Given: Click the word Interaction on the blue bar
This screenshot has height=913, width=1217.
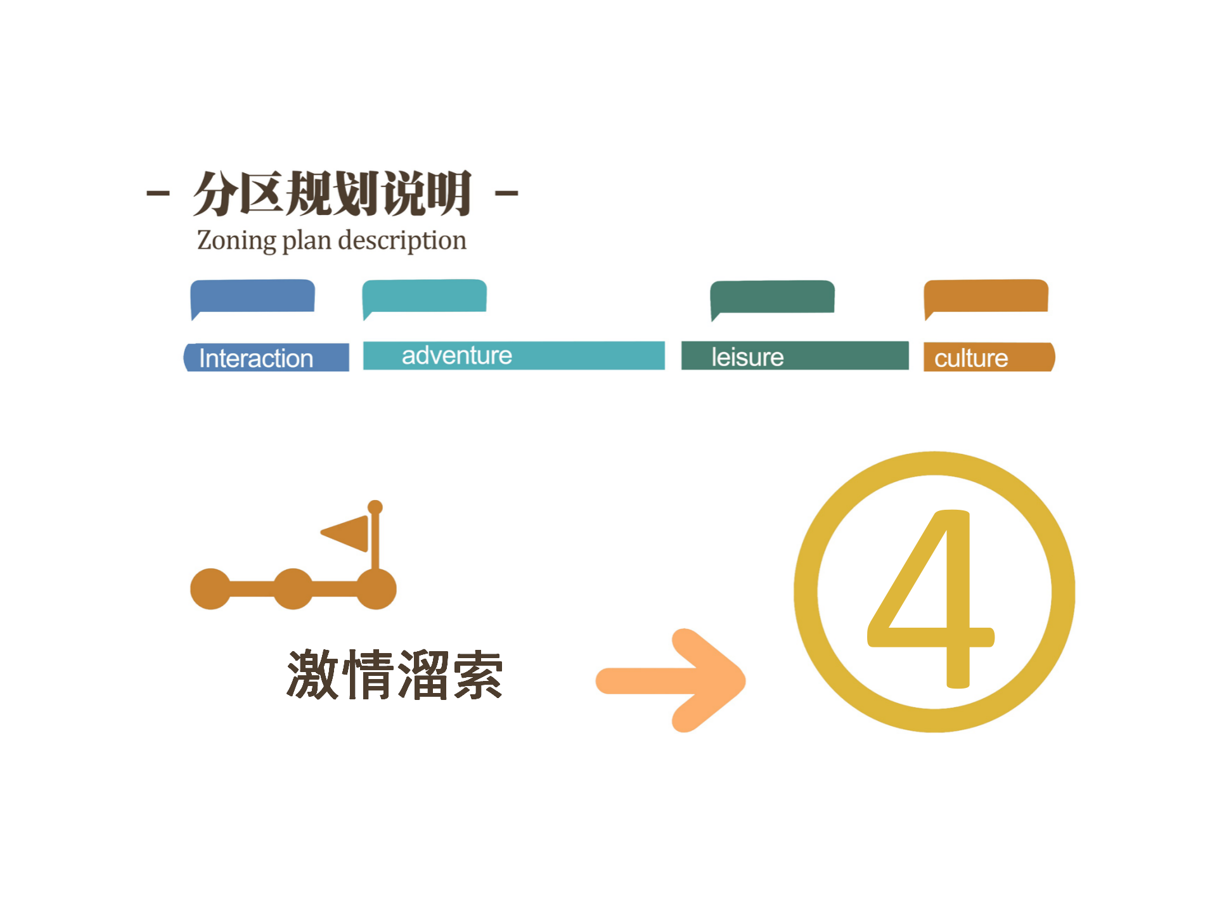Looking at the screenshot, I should [256, 358].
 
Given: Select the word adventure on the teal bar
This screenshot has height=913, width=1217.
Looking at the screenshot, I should [457, 356].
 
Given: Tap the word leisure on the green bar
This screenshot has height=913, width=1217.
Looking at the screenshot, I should [747, 357].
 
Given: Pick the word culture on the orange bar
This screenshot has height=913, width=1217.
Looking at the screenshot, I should [971, 358].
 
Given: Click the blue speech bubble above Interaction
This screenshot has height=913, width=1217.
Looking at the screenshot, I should [253, 296].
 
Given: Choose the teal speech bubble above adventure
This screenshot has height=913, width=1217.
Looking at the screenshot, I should [425, 296].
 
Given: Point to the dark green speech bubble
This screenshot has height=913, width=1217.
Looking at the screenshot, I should [772, 297].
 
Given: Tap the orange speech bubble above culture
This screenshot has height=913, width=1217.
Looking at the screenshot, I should [986, 296].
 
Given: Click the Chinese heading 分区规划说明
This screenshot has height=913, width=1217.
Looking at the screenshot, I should [332, 193].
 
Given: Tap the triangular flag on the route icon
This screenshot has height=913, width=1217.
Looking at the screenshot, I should [347, 533].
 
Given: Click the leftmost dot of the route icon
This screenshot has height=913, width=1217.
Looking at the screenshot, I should [210, 589].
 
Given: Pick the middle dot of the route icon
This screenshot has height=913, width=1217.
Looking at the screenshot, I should [293, 589].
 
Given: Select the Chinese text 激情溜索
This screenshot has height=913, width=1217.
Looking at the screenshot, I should [394, 675].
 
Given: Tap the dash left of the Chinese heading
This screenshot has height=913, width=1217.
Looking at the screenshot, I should [158, 193].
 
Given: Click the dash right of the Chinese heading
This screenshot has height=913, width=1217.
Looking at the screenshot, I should [506, 193].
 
